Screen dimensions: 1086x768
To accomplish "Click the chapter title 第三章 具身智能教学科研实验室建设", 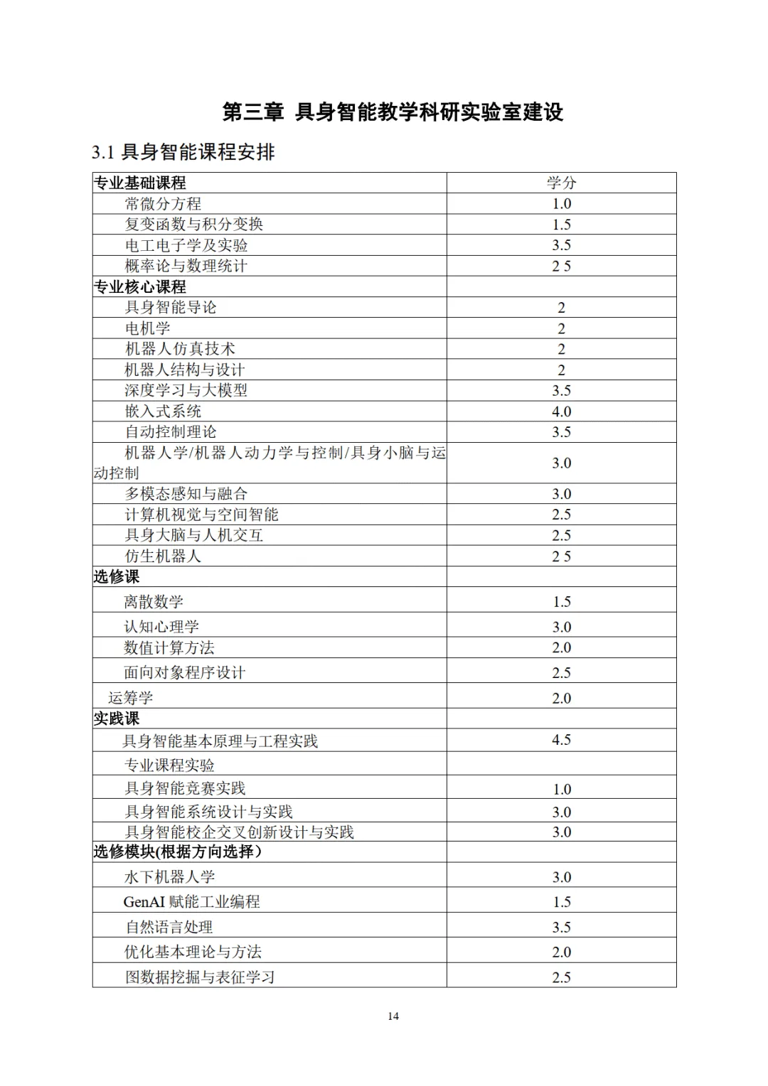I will (393, 112).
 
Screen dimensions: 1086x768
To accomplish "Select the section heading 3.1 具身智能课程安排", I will (183, 152).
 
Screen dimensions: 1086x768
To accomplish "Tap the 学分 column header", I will (561, 183).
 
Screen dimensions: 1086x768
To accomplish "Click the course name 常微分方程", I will (163, 204).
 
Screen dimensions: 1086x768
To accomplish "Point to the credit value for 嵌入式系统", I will (561, 412).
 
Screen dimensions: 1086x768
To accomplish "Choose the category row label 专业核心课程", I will (140, 287).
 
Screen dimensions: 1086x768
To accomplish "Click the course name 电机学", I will (148, 328).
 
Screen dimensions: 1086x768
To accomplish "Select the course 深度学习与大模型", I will (186, 390).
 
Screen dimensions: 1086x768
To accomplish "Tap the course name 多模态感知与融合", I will (186, 494).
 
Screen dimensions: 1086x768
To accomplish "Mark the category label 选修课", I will (117, 576).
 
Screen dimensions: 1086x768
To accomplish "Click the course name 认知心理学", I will (161, 627).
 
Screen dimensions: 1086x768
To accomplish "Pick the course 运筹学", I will (131, 698).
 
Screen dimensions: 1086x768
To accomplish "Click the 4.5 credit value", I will (561, 740).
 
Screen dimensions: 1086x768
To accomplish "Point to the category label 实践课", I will (117, 719).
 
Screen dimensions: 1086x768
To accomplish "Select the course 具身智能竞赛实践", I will (185, 788).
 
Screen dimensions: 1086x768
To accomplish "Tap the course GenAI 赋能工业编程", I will (191, 902).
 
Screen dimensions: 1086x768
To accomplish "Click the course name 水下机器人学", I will (170, 877).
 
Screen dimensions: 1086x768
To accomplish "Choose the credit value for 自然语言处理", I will (561, 928).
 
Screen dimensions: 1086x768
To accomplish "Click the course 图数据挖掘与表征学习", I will (200, 977).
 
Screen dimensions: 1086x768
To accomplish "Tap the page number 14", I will (393, 1016).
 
